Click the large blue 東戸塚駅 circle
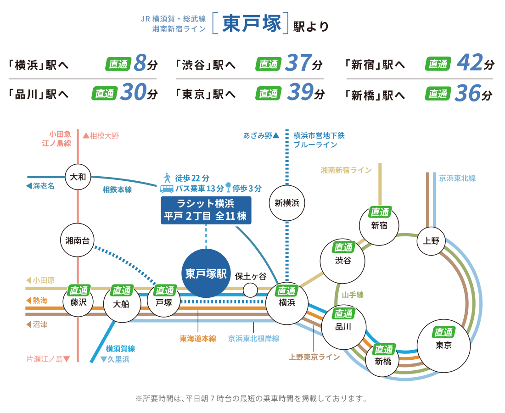[x=206, y=274]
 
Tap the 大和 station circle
[x=79, y=177]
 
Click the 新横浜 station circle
[x=287, y=203]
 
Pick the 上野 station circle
[x=432, y=240]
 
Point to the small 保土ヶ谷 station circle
[x=250, y=290]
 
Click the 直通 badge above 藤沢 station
[x=78, y=290]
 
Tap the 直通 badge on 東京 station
[x=443, y=332]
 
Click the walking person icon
[x=167, y=178]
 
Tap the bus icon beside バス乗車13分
[x=166, y=188]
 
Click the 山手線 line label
[x=353, y=295]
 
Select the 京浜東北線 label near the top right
[x=457, y=178]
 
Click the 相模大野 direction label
[x=101, y=136]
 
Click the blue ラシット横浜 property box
[x=206, y=210]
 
